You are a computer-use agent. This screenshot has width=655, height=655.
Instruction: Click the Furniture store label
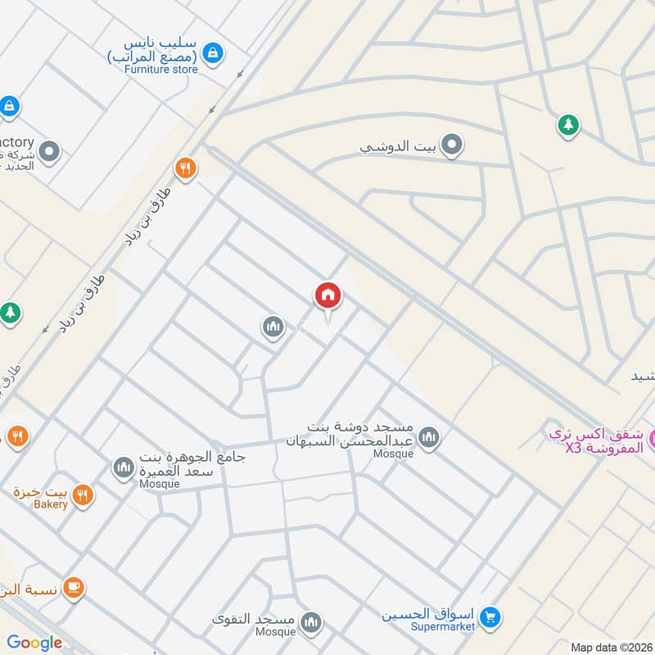pyautogui.click(x=161, y=70)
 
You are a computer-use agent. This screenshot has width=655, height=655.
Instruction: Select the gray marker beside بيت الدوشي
pyautogui.click(x=451, y=147)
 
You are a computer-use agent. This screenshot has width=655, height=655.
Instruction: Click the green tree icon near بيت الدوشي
pyautogui.click(x=567, y=125)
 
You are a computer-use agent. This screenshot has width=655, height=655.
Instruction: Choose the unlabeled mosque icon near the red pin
pyautogui.click(x=273, y=327)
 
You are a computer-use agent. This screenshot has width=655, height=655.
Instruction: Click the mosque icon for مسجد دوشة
pyautogui.click(x=428, y=440)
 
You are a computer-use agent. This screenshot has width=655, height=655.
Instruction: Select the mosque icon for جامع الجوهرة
pyautogui.click(x=124, y=467)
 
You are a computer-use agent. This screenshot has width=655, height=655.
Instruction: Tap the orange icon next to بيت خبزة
pyautogui.click(x=83, y=494)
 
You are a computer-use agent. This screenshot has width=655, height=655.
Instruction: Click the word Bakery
pyautogui.click(x=51, y=505)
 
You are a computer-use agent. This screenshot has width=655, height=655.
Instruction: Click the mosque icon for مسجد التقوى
pyautogui.click(x=310, y=624)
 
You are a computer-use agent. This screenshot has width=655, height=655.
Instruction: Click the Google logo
pyautogui.click(x=34, y=643)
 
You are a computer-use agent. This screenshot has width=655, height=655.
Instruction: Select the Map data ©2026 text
pyautogui.click(x=610, y=647)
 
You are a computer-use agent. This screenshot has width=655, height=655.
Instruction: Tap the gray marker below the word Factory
pyautogui.click(x=50, y=151)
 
